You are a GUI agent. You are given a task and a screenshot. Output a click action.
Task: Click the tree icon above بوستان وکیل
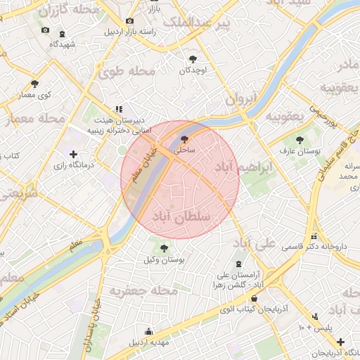point(164,248)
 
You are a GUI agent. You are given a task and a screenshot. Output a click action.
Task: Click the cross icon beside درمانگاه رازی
point(73,153)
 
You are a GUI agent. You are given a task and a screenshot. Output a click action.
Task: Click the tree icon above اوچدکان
point(193,59)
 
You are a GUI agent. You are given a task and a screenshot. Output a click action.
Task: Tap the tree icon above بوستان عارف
point(300,140)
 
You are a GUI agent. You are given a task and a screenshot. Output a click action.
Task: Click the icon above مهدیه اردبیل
point(148,332)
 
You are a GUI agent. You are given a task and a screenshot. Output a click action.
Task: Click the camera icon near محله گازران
point(46,30)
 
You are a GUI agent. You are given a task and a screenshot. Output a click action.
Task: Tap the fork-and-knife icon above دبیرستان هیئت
point(119,109)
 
